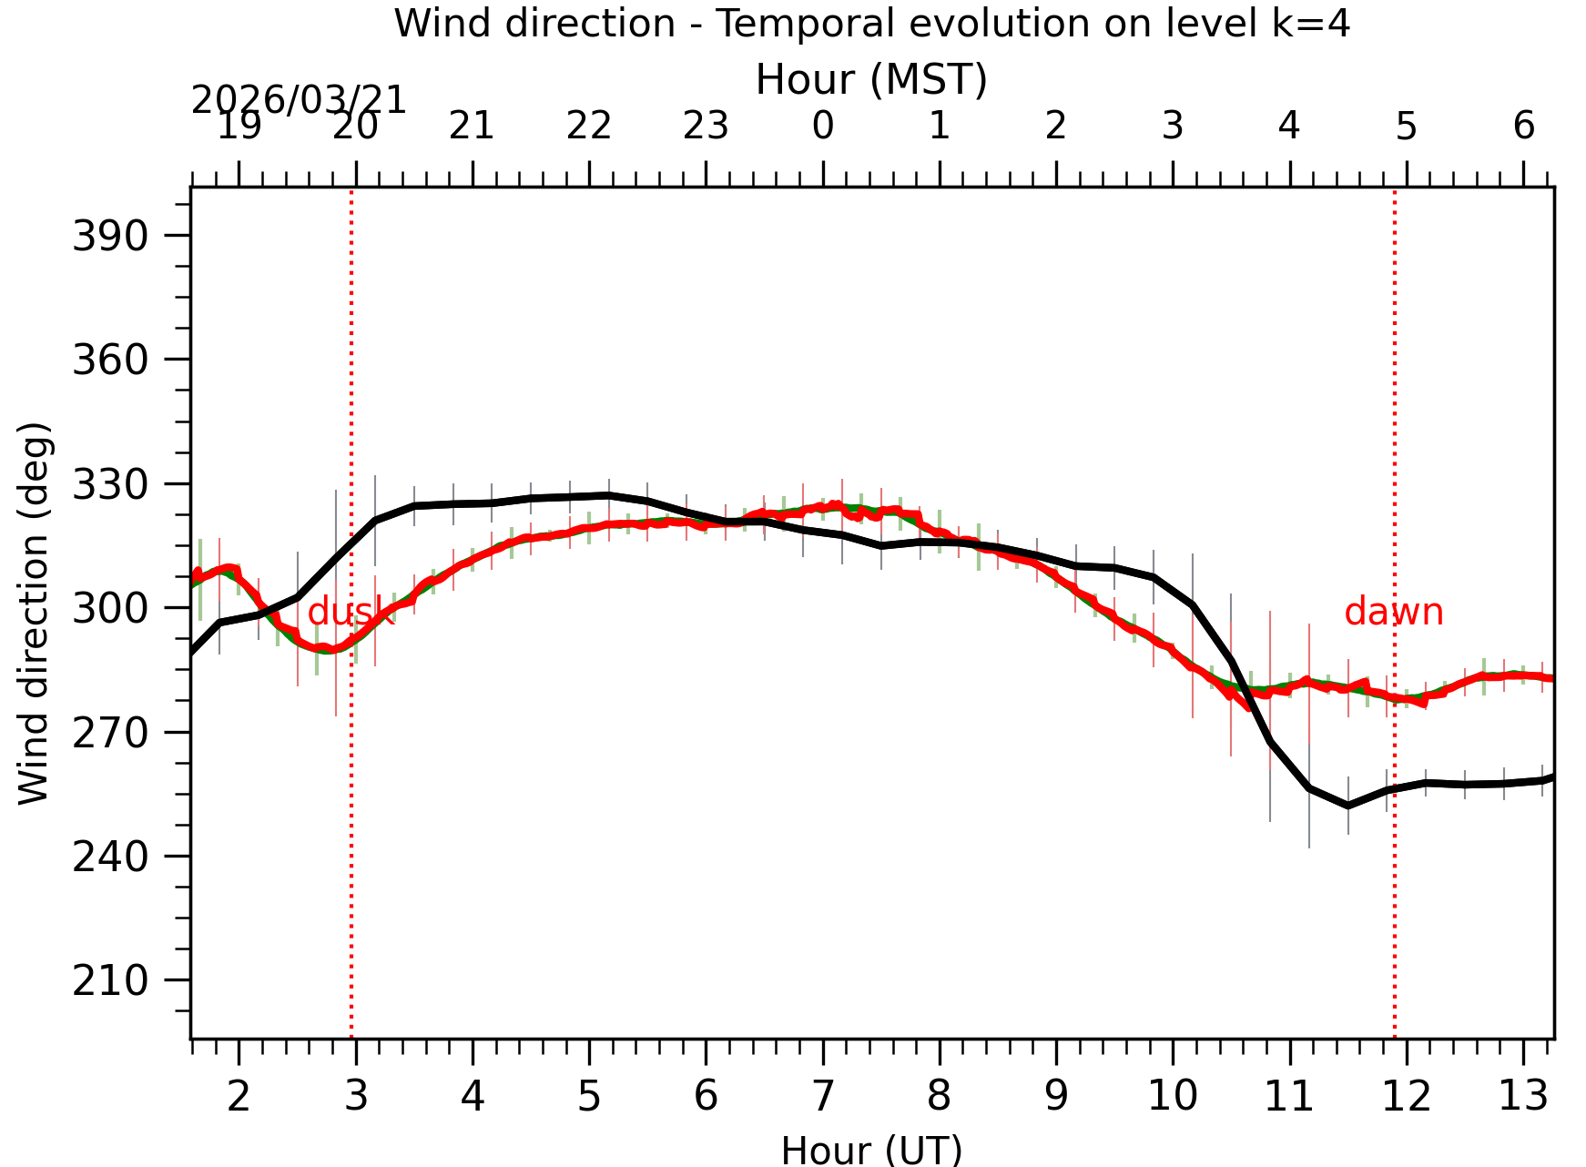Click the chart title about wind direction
click(871, 24)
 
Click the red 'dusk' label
click(351, 613)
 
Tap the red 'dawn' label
click(1393, 612)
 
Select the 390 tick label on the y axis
click(110, 237)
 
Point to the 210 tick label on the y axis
click(110, 981)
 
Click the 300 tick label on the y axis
click(110, 609)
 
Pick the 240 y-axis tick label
click(110, 857)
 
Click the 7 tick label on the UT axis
click(823, 1096)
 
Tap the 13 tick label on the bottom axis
click(1523, 1096)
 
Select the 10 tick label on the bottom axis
click(1173, 1096)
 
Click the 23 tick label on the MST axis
click(706, 126)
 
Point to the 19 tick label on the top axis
click(239, 126)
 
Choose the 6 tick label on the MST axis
click(1524, 126)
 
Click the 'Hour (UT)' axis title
click(871, 1150)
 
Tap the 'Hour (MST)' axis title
click(871, 80)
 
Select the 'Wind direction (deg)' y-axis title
click(34, 613)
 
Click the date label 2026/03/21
click(299, 100)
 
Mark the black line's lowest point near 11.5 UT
click(1348, 806)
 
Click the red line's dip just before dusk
click(328, 650)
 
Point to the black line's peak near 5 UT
click(608, 495)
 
